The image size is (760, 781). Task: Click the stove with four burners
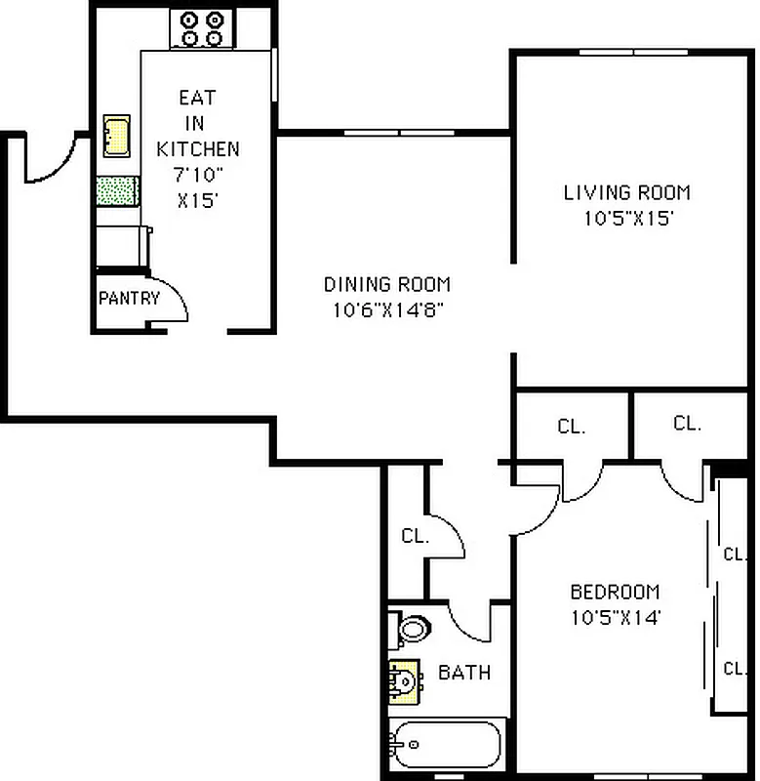click(x=201, y=28)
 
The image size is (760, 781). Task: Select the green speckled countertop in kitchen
click(x=117, y=190)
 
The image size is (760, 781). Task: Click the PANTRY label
click(x=128, y=298)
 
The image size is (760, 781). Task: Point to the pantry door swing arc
click(x=175, y=294)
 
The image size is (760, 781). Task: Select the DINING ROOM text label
click(x=387, y=285)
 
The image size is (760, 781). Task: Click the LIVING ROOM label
click(x=627, y=192)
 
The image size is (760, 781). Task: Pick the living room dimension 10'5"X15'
click(x=627, y=219)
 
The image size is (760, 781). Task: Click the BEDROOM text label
click(x=615, y=592)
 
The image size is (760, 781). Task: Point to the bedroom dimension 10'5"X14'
click(x=615, y=617)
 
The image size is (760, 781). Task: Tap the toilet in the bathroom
click(x=411, y=628)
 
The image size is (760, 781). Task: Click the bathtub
click(x=445, y=747)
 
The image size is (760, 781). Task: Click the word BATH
click(x=463, y=673)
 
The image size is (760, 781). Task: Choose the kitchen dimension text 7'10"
click(x=197, y=175)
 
